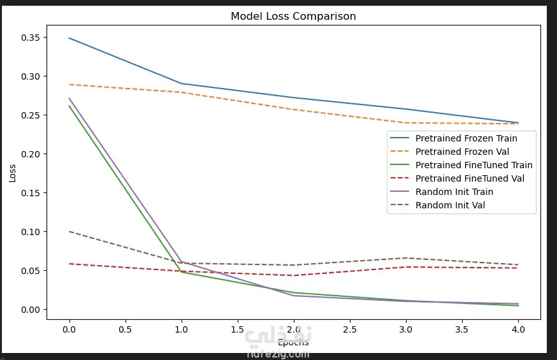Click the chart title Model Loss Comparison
[x=293, y=17]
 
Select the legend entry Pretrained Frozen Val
[x=462, y=152]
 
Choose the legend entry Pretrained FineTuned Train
[x=474, y=165]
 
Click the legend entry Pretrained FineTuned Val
[x=470, y=178]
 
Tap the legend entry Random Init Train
[x=454, y=192]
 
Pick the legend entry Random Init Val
[x=450, y=205]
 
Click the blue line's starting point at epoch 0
[x=69, y=38]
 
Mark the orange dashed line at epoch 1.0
[x=181, y=92]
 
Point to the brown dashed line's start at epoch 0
[x=69, y=231]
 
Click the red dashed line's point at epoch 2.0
[x=293, y=275]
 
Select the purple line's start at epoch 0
[x=69, y=98]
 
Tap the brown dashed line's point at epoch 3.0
[x=405, y=258]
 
